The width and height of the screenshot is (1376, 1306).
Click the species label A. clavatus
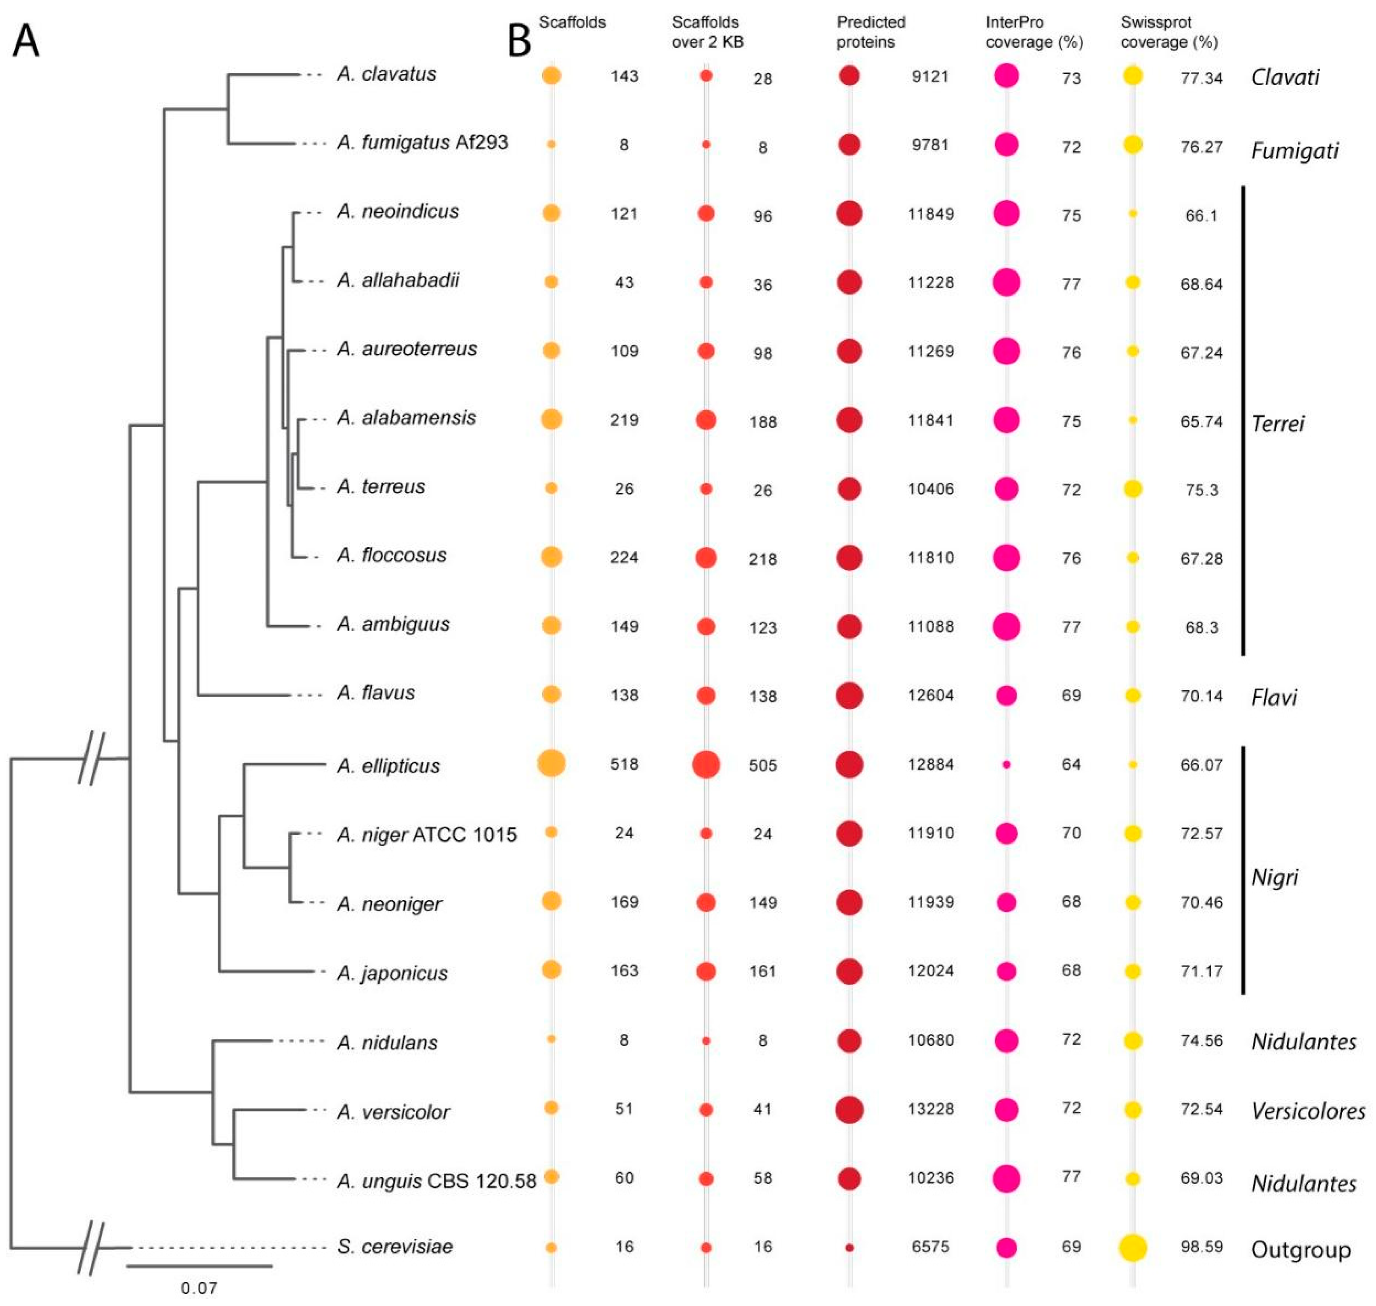click(x=386, y=74)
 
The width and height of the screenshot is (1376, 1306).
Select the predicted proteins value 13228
click(x=931, y=1108)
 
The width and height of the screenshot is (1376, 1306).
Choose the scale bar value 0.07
click(x=199, y=1288)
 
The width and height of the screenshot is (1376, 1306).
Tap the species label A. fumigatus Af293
click(x=422, y=143)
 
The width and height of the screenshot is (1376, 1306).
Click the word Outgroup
click(x=1300, y=1249)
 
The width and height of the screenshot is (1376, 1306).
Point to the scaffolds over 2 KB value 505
click(x=763, y=765)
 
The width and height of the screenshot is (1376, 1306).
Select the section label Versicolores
click(x=1308, y=1111)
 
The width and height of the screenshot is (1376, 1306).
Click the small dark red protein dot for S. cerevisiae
click(x=849, y=1247)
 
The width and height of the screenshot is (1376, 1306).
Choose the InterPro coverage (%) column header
click(x=1034, y=32)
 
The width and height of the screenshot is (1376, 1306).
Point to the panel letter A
click(x=27, y=42)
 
